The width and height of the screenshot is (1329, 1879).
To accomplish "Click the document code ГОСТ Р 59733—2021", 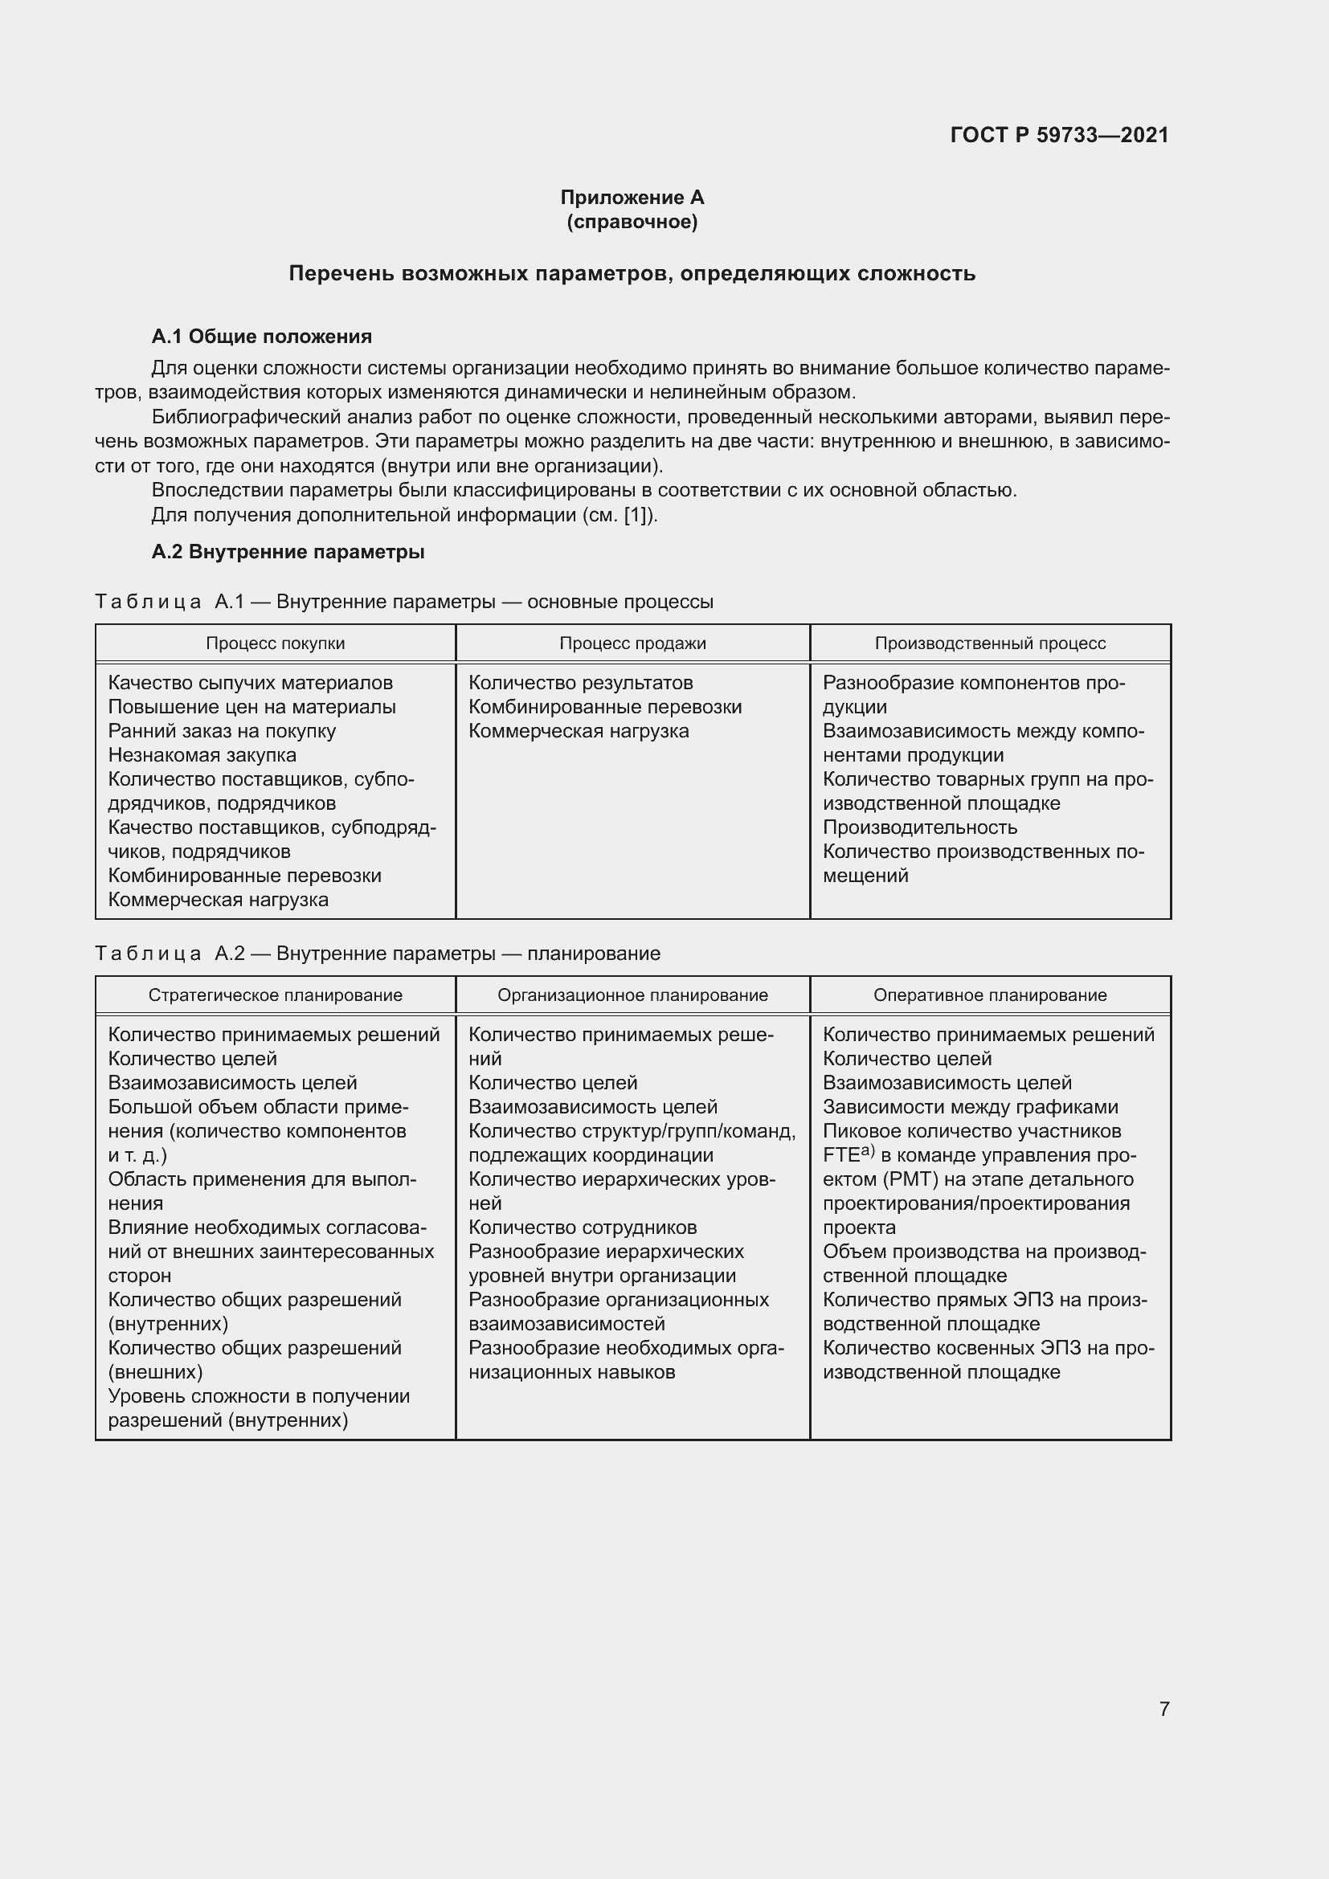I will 1059,135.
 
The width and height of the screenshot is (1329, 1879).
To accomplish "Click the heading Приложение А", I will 632,198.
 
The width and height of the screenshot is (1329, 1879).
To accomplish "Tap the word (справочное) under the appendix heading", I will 632,222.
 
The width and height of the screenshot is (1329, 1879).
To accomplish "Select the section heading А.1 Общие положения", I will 262,337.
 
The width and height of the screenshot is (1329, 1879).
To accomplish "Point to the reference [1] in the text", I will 636,515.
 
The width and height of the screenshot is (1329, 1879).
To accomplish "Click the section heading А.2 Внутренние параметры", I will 288,552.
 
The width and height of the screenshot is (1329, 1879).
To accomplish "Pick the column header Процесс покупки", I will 275,643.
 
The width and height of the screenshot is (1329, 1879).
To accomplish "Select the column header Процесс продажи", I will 632,643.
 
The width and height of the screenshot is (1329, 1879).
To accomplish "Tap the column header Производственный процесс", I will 990,643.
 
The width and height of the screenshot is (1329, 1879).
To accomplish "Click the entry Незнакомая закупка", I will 202,754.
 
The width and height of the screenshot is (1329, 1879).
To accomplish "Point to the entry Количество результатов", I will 581,683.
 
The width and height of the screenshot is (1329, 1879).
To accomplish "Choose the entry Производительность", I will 920,827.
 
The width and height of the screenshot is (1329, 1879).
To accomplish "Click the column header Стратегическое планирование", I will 275,995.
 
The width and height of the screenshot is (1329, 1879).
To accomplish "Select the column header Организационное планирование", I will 632,995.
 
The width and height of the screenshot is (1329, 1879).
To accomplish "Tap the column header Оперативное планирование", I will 990,995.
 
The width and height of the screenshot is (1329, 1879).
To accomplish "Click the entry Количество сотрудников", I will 583,1227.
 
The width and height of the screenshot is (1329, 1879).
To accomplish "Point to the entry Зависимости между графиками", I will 971,1107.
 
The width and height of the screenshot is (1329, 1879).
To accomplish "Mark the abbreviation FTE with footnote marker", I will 848,1154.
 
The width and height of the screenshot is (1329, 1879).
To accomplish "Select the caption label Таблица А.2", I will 170,954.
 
